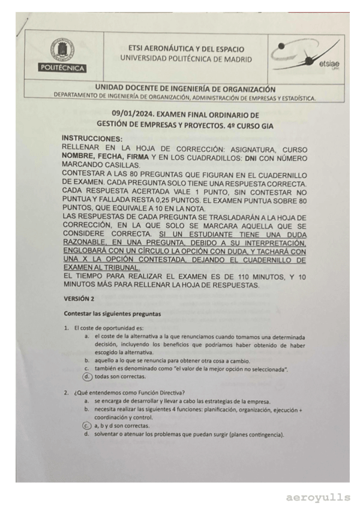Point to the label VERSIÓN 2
pos(79,298)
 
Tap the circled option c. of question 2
pos(88,425)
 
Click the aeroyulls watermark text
pos(317,498)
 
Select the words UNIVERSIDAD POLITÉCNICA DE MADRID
pos(186,59)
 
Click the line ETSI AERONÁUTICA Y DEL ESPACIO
pos(186,48)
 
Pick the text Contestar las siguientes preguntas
pos(112,313)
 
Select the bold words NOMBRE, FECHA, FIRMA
pos(104,157)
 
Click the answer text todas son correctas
pos(120,377)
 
